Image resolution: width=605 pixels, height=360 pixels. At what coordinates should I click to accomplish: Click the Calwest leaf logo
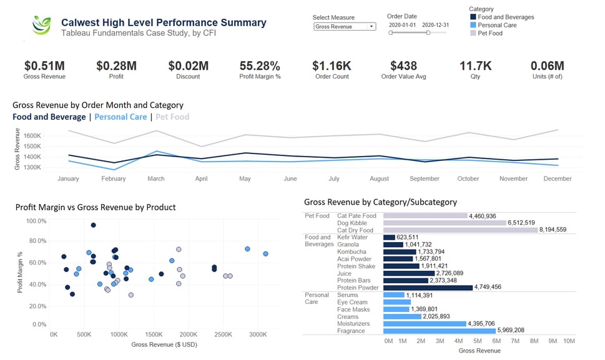[x=42, y=25]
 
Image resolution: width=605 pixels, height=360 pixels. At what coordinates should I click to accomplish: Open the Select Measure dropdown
[x=345, y=27]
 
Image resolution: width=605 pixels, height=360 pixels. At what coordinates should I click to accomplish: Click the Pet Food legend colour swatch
[x=473, y=33]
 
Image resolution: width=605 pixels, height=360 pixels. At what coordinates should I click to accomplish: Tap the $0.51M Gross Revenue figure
[x=44, y=66]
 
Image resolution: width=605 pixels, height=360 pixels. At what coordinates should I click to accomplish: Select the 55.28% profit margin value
[x=260, y=66]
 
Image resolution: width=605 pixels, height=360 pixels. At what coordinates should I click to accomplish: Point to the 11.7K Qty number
[x=476, y=66]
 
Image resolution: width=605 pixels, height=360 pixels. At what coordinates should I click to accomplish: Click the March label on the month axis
[x=156, y=178]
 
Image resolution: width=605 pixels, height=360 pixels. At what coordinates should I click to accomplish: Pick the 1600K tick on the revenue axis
[x=32, y=135]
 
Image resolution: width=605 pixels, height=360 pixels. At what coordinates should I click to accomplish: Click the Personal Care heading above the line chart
[x=121, y=117]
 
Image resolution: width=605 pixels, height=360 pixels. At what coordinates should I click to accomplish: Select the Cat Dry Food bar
[x=460, y=230]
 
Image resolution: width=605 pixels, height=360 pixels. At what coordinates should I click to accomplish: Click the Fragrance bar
[x=439, y=331]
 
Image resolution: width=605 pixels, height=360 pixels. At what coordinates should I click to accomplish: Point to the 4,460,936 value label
[x=483, y=216]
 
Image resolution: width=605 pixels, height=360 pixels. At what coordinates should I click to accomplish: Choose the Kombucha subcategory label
[x=352, y=251]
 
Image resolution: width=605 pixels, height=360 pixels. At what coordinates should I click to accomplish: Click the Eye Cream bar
[x=396, y=302]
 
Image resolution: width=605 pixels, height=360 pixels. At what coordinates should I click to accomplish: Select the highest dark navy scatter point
[x=93, y=225]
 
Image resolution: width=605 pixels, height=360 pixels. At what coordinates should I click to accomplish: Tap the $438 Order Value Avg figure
[x=403, y=66]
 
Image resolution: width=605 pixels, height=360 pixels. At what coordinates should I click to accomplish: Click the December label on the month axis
[x=558, y=178]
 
